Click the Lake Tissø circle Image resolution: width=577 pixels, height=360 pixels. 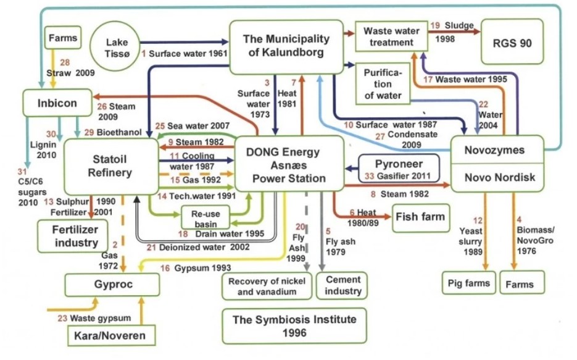(x=117, y=43)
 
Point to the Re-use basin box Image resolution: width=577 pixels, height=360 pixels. (x=202, y=217)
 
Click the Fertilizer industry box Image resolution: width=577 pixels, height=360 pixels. (x=67, y=236)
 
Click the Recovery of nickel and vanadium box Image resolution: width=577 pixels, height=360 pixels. (x=267, y=286)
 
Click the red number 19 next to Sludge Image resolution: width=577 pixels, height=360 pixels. (x=434, y=25)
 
